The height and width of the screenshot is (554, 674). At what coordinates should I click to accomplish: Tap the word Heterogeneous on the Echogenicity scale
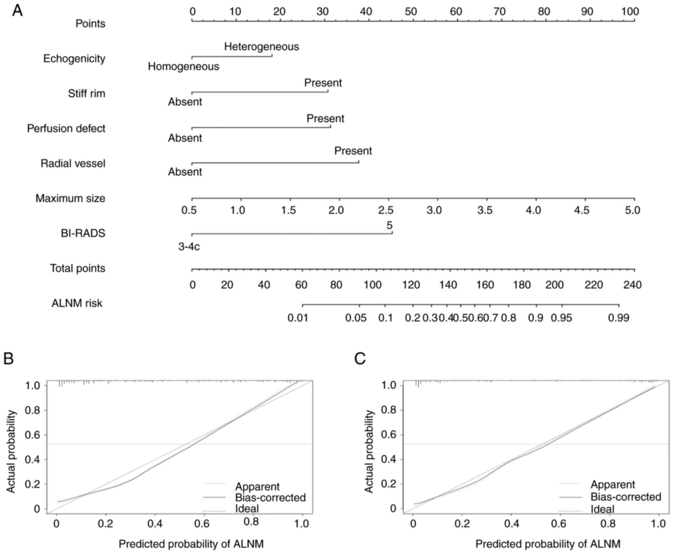[x=261, y=47]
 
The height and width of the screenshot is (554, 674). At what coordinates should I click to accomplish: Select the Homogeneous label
[x=183, y=67]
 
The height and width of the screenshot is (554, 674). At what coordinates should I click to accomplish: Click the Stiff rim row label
[x=87, y=93]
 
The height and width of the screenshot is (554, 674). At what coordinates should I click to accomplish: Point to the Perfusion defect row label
[x=66, y=129]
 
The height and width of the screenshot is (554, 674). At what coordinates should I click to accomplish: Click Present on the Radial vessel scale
[x=353, y=151]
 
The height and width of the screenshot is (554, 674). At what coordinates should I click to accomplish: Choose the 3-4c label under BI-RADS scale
[x=189, y=247]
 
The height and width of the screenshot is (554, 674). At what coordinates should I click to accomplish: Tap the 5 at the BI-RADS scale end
[x=389, y=226]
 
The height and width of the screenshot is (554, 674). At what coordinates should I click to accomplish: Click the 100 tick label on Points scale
[x=630, y=12]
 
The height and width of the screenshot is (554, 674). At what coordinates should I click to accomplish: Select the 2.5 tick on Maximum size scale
[x=386, y=210]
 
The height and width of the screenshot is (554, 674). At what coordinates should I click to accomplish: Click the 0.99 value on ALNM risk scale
[x=619, y=318]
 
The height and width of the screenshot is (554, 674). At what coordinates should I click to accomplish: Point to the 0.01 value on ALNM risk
[x=298, y=318]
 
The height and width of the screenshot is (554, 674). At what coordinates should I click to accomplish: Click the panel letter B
[x=9, y=359]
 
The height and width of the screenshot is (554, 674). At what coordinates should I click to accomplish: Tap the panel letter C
[x=360, y=359]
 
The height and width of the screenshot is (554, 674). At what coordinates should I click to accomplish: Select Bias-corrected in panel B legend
[x=270, y=497]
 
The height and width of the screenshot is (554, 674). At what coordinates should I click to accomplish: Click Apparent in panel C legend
[x=613, y=484]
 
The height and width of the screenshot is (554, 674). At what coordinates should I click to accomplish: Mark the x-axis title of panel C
[x=548, y=544]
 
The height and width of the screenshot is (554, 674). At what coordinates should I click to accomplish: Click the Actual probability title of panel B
[x=11, y=451]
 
